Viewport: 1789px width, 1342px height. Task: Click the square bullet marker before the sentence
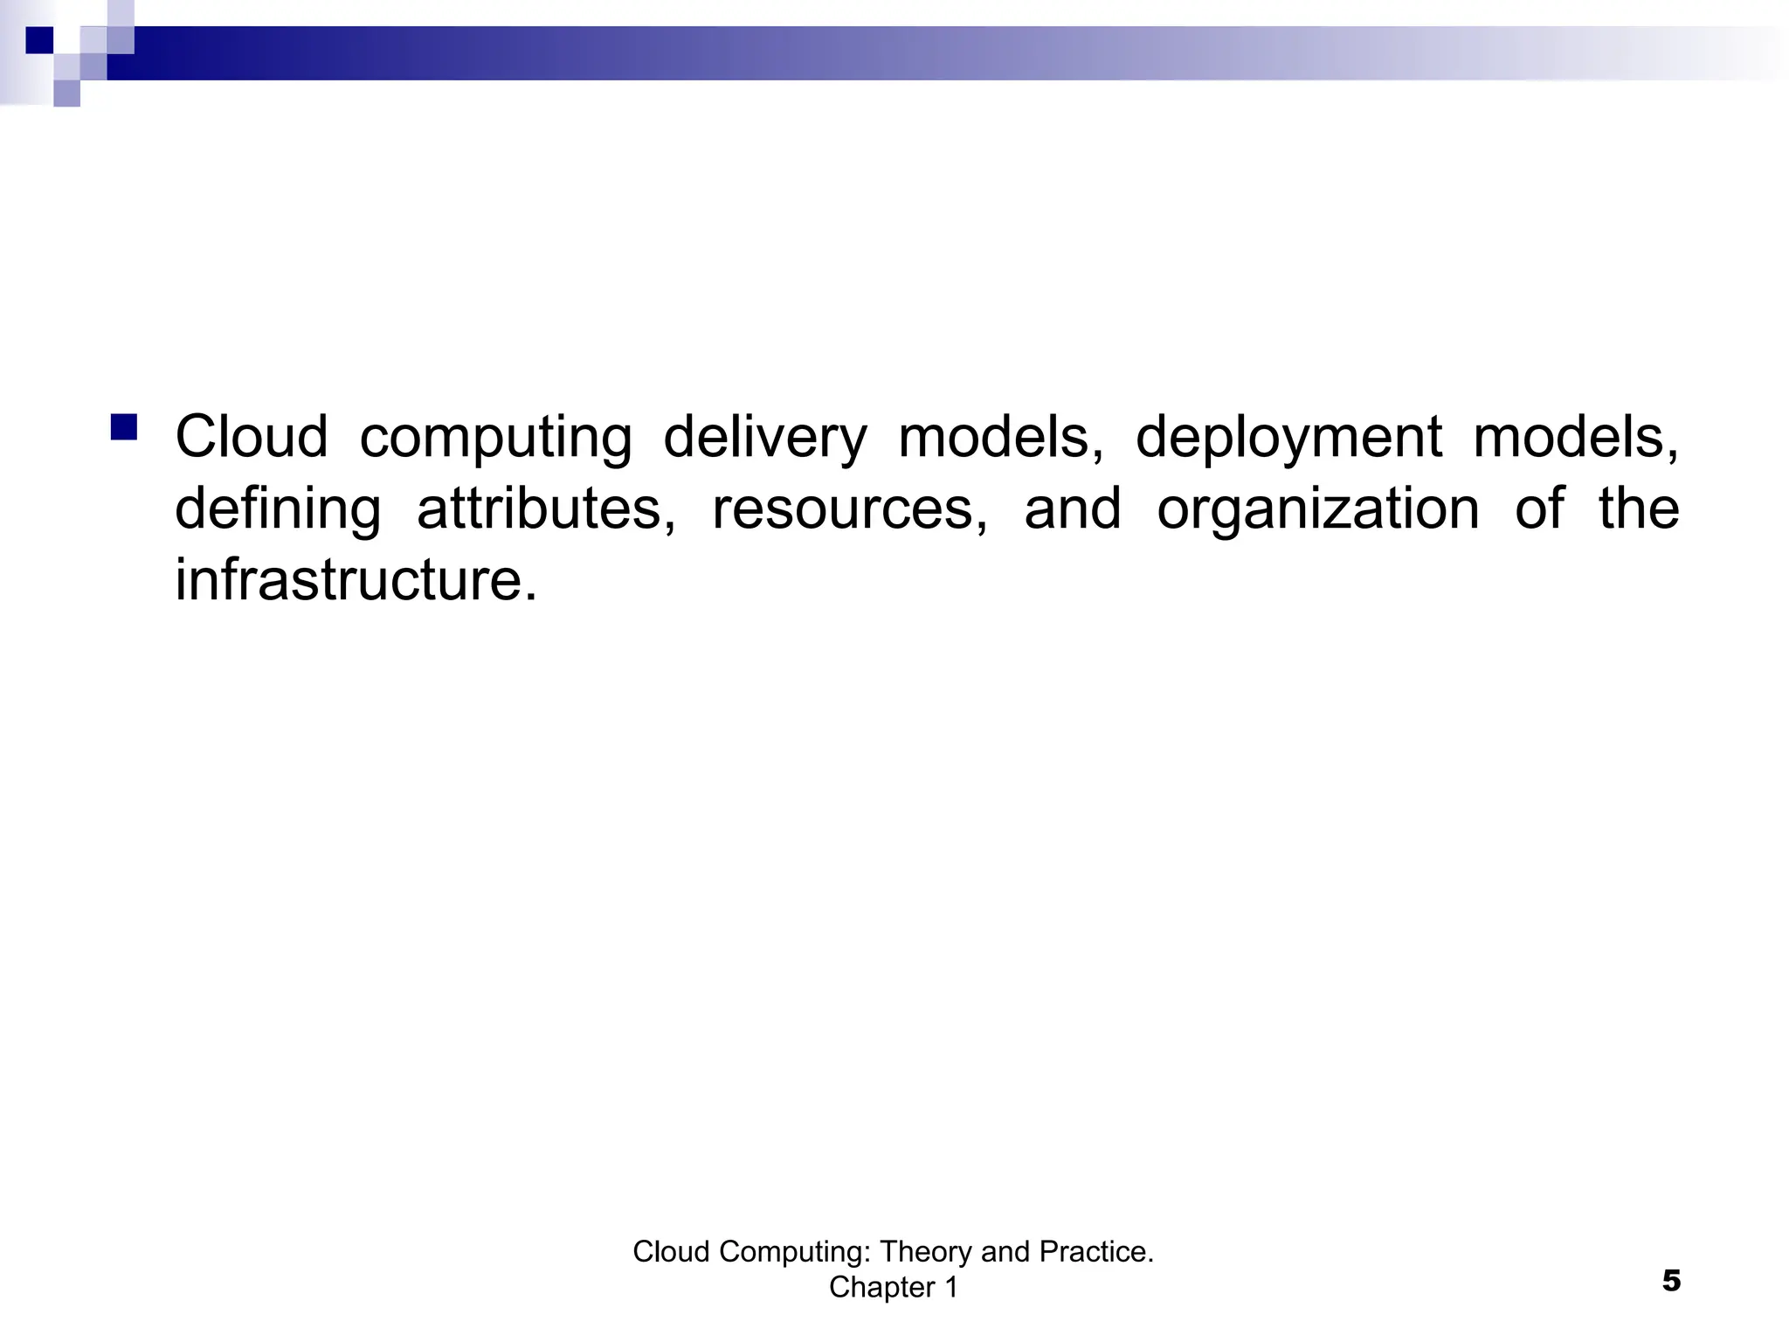pos(124,427)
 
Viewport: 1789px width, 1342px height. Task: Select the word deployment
pos(1288,437)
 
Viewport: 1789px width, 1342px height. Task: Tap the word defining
pos(278,508)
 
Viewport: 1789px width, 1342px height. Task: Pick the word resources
pos(849,508)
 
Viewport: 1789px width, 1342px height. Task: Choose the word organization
pos(1317,508)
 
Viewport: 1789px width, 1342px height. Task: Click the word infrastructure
pos(356,579)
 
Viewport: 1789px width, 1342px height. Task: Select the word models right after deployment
pos(1576,437)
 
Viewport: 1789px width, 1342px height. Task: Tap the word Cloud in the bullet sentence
pos(252,437)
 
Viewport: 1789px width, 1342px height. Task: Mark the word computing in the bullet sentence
pos(495,437)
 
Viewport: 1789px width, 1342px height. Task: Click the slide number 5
pos(1670,1282)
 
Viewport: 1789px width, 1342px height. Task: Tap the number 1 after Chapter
pos(950,1287)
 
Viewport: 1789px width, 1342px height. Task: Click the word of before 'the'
pos(1539,508)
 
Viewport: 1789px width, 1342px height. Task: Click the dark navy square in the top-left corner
pos(39,40)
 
